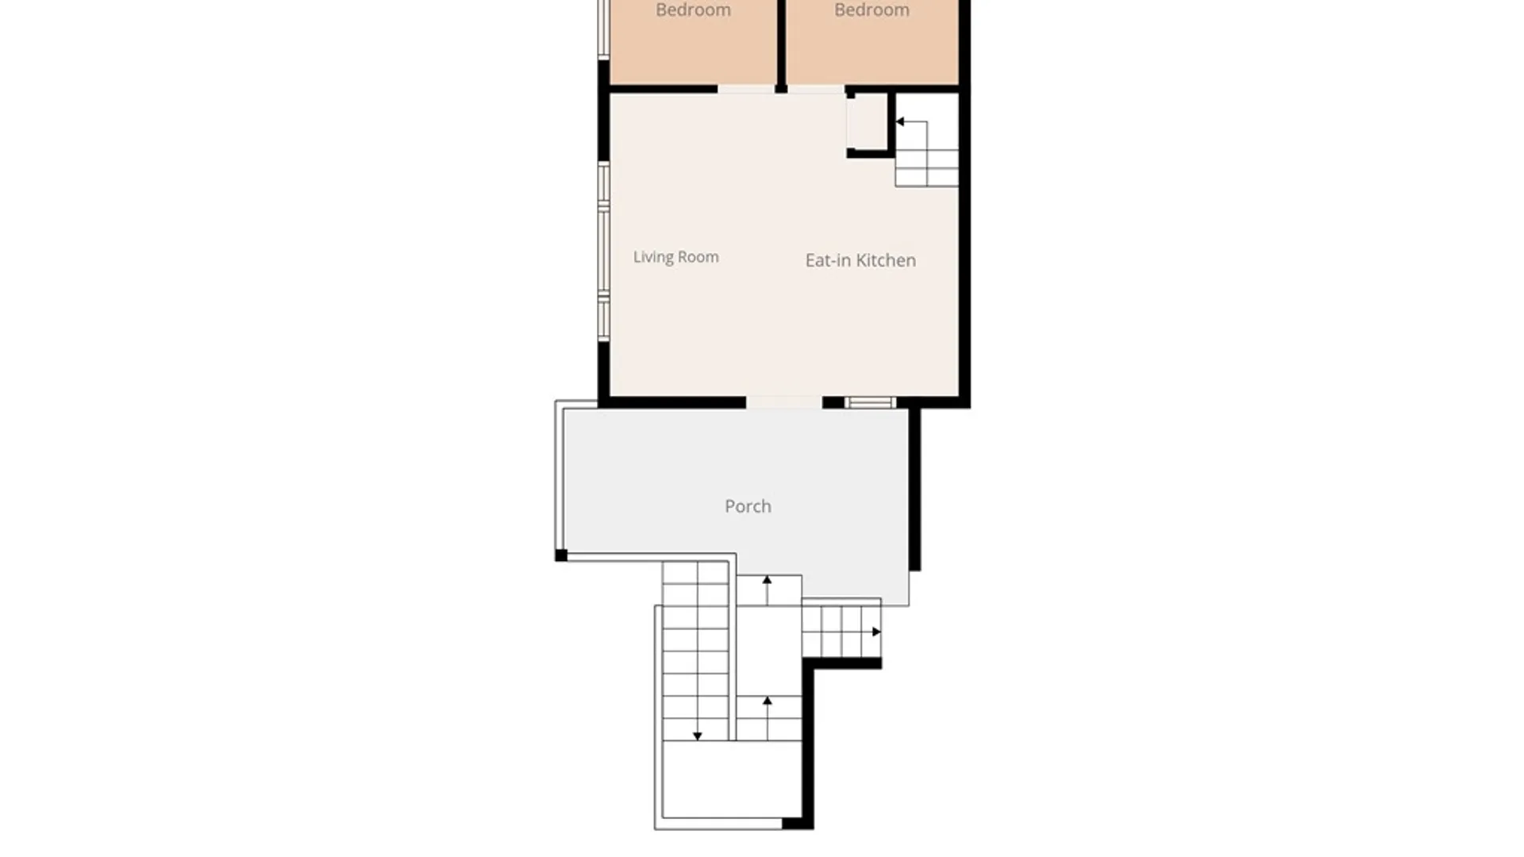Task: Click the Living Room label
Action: tap(675, 257)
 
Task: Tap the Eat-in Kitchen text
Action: tap(860, 260)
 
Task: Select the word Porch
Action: tap(748, 506)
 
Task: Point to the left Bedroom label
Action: tap(693, 10)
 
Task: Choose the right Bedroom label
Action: tap(872, 10)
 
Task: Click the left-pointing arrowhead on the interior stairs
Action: tap(900, 121)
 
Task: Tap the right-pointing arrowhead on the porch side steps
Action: tap(876, 632)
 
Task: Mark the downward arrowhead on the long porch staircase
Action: tap(697, 736)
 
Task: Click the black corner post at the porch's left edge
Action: tap(561, 555)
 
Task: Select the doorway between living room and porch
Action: tap(784, 403)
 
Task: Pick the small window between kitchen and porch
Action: tap(870, 403)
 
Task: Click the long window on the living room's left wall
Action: tap(604, 252)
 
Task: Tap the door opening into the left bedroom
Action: tap(746, 90)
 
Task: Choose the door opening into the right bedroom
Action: tap(816, 90)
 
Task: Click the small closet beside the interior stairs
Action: tap(867, 121)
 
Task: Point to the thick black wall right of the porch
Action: tap(914, 489)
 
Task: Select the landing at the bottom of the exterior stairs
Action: tap(731, 779)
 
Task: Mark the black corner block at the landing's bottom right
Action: tap(798, 824)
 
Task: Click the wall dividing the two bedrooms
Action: tap(781, 44)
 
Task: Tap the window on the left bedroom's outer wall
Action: tap(604, 29)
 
